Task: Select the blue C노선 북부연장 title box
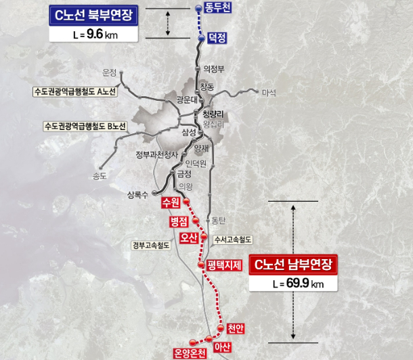pos(95,14)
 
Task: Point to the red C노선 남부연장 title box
pos(294,265)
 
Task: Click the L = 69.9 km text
pos(294,284)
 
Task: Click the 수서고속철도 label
pos(232,239)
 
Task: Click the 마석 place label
pos(269,93)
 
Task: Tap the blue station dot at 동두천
pos(198,8)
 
